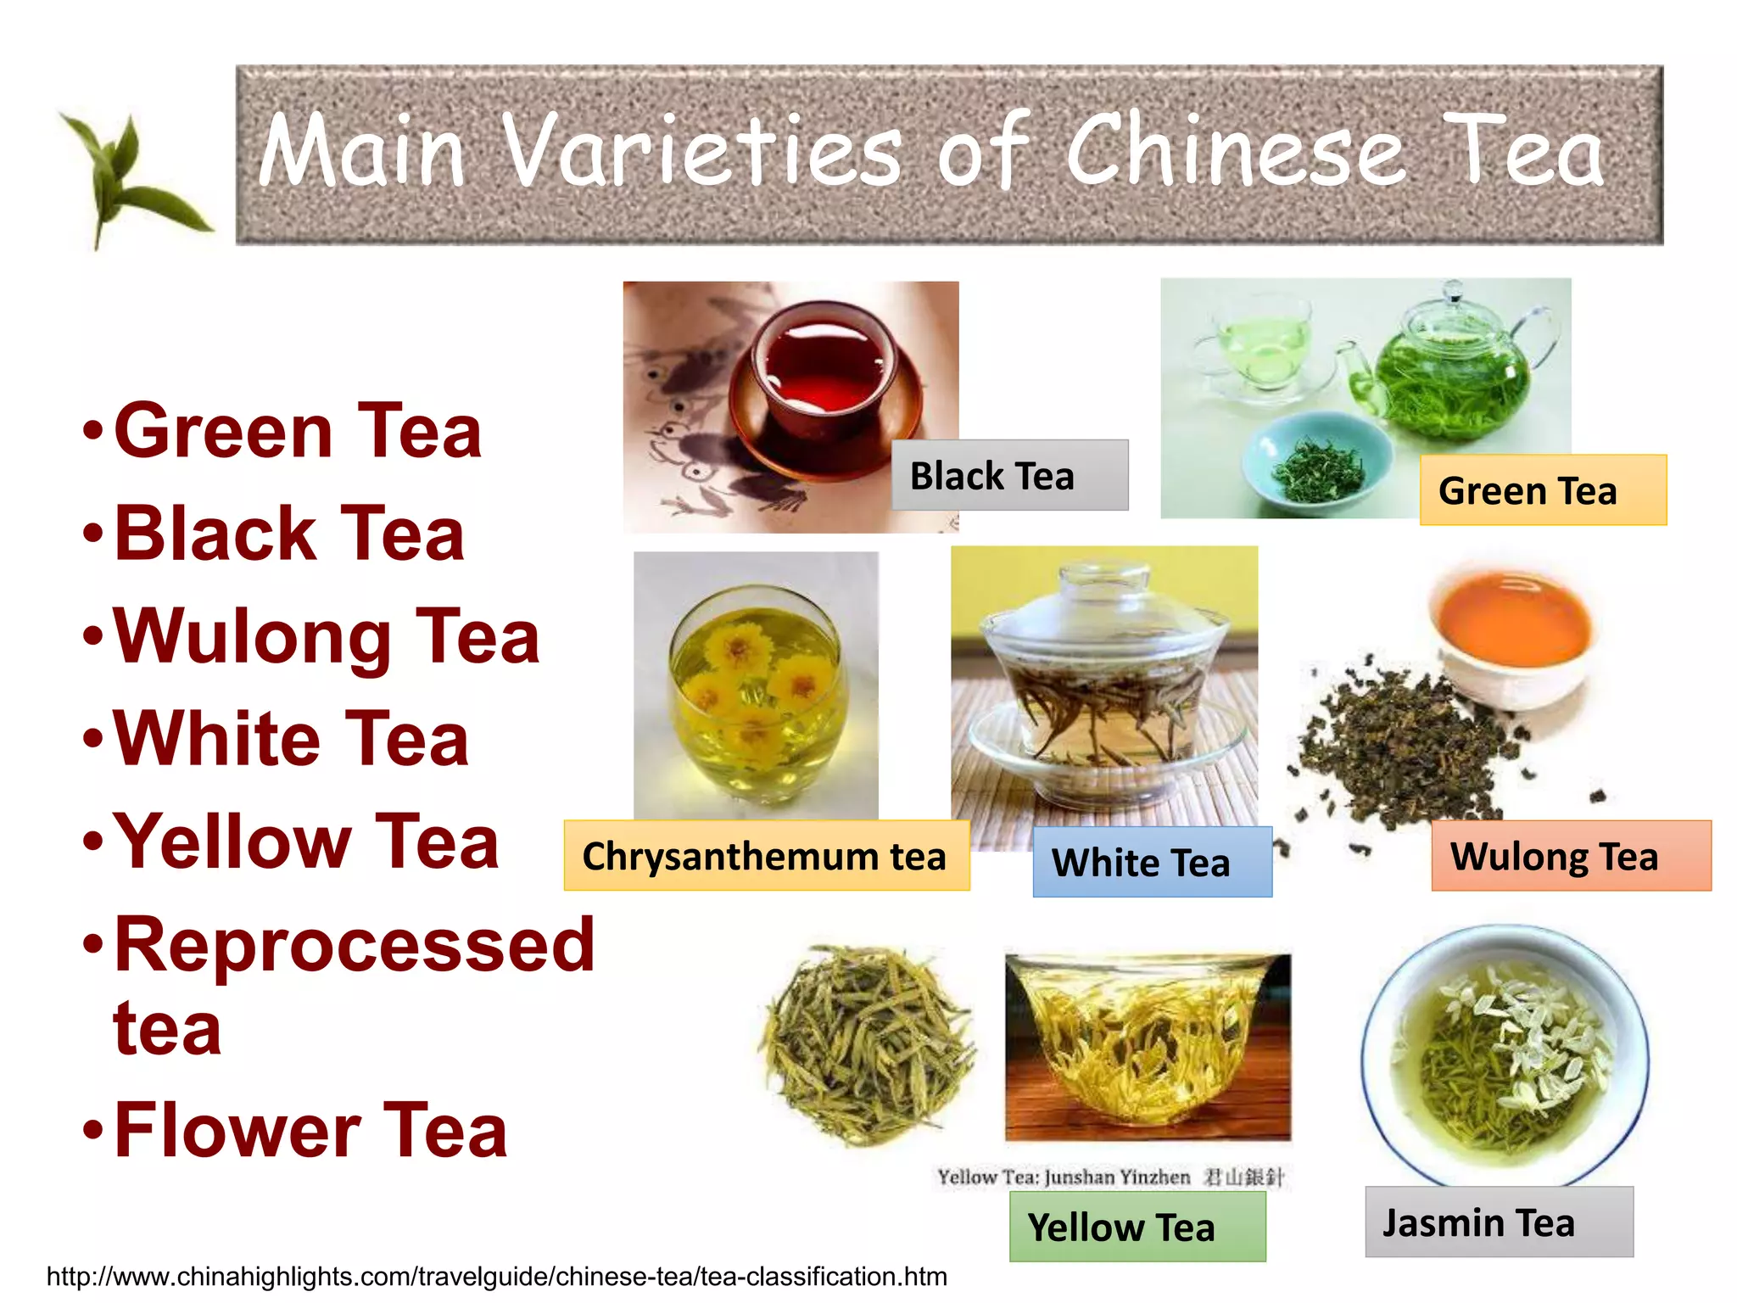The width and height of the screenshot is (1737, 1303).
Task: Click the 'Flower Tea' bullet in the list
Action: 310,1130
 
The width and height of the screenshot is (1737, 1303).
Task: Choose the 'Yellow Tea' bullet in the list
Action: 305,842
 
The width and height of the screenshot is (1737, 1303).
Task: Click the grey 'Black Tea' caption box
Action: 1009,475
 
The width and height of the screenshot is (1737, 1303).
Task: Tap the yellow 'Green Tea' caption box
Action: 1542,490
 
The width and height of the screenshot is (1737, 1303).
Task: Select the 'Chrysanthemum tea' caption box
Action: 766,856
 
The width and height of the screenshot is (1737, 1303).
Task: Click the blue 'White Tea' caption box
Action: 1152,862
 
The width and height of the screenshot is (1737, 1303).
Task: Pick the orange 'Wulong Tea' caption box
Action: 1571,856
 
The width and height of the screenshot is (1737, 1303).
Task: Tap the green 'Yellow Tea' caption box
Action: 1137,1227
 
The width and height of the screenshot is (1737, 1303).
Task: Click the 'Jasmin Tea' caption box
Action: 1498,1222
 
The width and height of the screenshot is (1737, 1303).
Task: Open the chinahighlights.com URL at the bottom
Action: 496,1277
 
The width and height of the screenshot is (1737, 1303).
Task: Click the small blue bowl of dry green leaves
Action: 1316,465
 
